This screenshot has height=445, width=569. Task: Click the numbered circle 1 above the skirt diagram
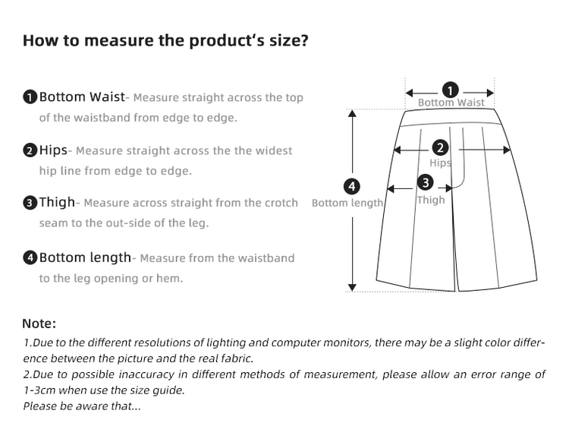pos(451,90)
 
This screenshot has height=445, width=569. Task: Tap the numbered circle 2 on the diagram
pos(440,148)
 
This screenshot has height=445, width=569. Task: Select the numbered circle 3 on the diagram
pos(426,182)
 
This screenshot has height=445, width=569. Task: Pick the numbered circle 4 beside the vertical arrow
pos(351,187)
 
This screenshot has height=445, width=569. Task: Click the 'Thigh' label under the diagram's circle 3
pos(431,200)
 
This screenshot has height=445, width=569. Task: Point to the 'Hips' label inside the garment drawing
pos(440,163)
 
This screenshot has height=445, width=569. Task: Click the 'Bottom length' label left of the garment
pos(347,203)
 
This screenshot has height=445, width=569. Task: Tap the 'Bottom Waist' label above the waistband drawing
pos(451,103)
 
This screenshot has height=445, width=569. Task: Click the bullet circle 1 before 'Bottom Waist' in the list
pos(30,97)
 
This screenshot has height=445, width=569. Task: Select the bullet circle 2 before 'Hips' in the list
pos(30,150)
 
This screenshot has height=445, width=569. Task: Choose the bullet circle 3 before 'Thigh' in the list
pos(30,203)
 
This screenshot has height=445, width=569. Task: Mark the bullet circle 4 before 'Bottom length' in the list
pos(30,258)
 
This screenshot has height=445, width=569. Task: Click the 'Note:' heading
pos(39,323)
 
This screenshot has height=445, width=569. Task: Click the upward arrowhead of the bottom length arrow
pos(352,113)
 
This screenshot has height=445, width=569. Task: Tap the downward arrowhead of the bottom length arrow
pos(352,287)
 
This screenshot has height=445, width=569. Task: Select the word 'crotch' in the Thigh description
pos(281,203)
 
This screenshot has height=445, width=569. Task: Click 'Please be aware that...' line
pos(82,406)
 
